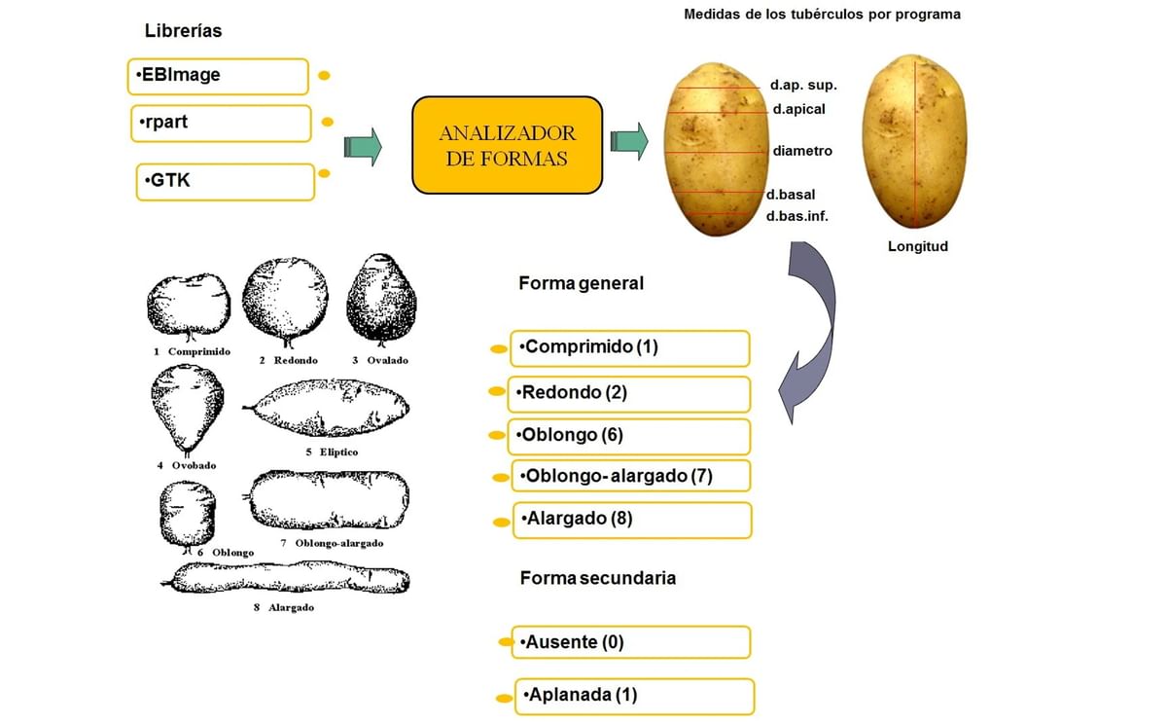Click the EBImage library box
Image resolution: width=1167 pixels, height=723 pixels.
(218, 76)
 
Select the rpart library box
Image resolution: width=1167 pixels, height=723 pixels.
(221, 124)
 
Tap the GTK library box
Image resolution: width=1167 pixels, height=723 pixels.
(225, 182)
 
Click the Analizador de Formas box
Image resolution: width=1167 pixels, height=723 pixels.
(507, 145)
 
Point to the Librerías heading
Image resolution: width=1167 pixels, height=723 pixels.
(183, 31)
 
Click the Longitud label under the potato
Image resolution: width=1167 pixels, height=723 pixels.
(917, 247)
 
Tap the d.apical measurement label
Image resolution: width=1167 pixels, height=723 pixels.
(799, 109)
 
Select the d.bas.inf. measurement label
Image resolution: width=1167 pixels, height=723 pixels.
(797, 216)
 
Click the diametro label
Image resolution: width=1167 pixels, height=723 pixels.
(802, 152)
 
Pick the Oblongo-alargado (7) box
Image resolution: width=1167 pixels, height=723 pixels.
(632, 476)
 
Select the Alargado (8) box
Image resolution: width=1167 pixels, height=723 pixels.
(632, 520)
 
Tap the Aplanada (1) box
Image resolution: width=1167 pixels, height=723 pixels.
(634, 696)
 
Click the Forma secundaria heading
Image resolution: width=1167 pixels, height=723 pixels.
(598, 578)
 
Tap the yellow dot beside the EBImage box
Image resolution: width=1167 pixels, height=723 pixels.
(324, 74)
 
